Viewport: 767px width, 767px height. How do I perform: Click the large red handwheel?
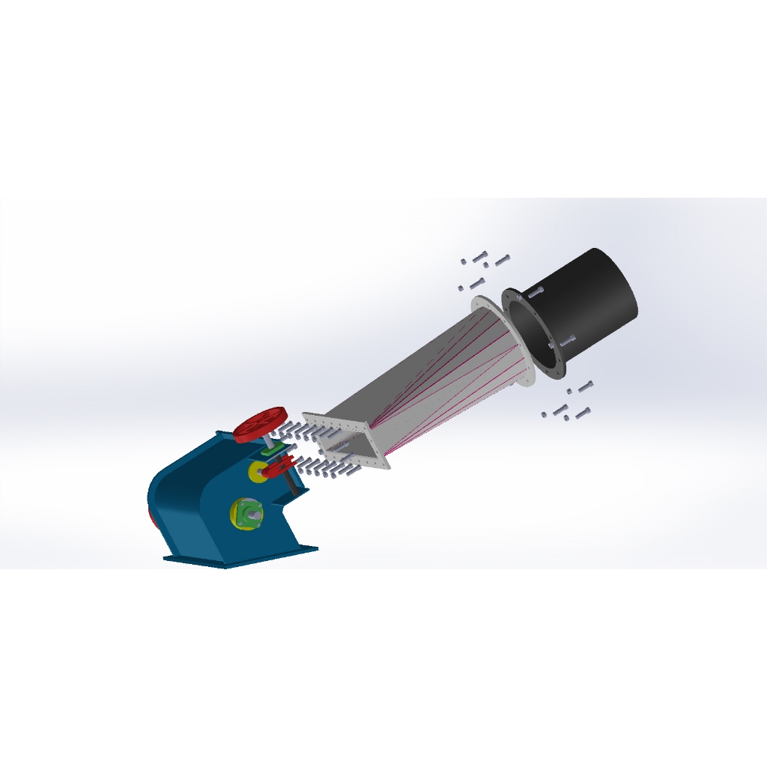coord(259,424)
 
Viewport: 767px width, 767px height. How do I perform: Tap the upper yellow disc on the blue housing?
coord(256,471)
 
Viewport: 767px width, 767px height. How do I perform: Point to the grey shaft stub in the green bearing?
coord(255,515)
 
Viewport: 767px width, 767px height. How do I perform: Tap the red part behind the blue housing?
coord(151,517)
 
